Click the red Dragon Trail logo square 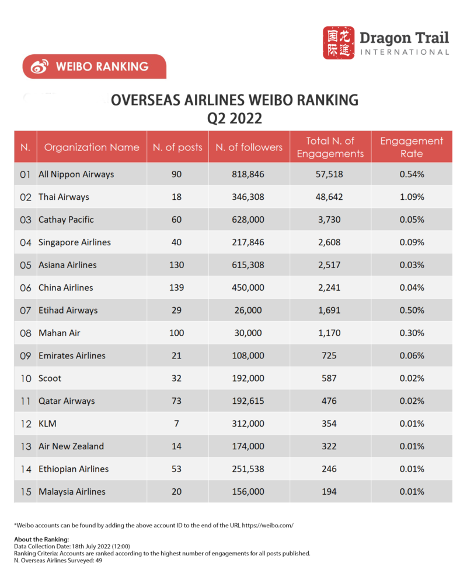pos(339,43)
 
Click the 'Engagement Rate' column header pos(412,147)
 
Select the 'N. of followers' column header pos(249,147)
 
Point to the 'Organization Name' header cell pos(92,147)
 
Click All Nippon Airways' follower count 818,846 pos(249,174)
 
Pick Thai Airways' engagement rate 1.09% pos(412,197)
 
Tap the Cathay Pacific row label pos(66,220)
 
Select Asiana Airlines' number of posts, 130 pos(177,265)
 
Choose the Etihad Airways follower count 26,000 pos(249,311)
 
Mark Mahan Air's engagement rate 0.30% pos(412,333)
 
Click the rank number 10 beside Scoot pos(26,379)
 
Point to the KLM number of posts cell pos(177,424)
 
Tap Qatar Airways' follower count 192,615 pos(249,402)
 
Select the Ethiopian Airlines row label pos(74,469)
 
